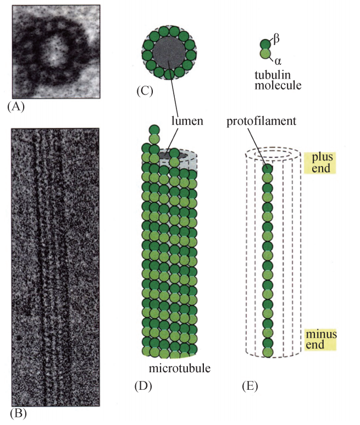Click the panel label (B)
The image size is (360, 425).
[19, 411]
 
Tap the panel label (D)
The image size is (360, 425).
[143, 385]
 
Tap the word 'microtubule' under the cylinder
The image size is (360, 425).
[178, 367]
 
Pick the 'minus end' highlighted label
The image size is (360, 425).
[320, 339]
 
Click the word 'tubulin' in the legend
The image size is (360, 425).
[274, 74]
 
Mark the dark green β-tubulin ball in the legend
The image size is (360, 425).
[266, 44]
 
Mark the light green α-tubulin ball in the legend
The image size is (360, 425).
[266, 54]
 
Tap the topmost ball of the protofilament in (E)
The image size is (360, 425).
[267, 169]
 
